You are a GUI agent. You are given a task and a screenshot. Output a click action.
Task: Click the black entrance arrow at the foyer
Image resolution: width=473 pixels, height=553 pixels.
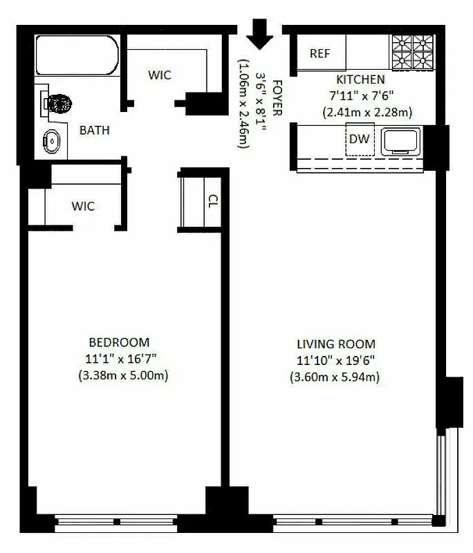260,35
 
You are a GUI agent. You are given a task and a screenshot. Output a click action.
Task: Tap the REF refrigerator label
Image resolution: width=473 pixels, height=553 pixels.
320,54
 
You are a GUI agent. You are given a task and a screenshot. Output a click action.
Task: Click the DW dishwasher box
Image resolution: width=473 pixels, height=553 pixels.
359,139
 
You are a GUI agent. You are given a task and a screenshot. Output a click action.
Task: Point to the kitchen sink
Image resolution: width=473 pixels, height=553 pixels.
401,141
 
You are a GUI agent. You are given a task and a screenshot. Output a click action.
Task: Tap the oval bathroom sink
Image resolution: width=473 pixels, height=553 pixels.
52,141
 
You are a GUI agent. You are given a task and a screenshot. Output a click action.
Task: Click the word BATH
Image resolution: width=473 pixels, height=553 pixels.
94,130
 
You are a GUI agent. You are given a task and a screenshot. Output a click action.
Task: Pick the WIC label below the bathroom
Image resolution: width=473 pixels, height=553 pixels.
83,206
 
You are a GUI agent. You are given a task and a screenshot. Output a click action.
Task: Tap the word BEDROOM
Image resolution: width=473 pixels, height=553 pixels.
119,342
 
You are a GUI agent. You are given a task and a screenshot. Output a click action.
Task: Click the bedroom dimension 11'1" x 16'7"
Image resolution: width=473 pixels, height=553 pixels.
119,359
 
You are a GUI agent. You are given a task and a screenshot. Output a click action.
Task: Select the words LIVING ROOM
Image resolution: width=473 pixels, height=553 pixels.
336,344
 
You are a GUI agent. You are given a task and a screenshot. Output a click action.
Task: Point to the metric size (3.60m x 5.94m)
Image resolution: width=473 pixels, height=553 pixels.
335,377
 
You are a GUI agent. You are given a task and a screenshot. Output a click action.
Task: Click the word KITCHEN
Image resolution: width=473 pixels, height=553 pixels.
360,79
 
